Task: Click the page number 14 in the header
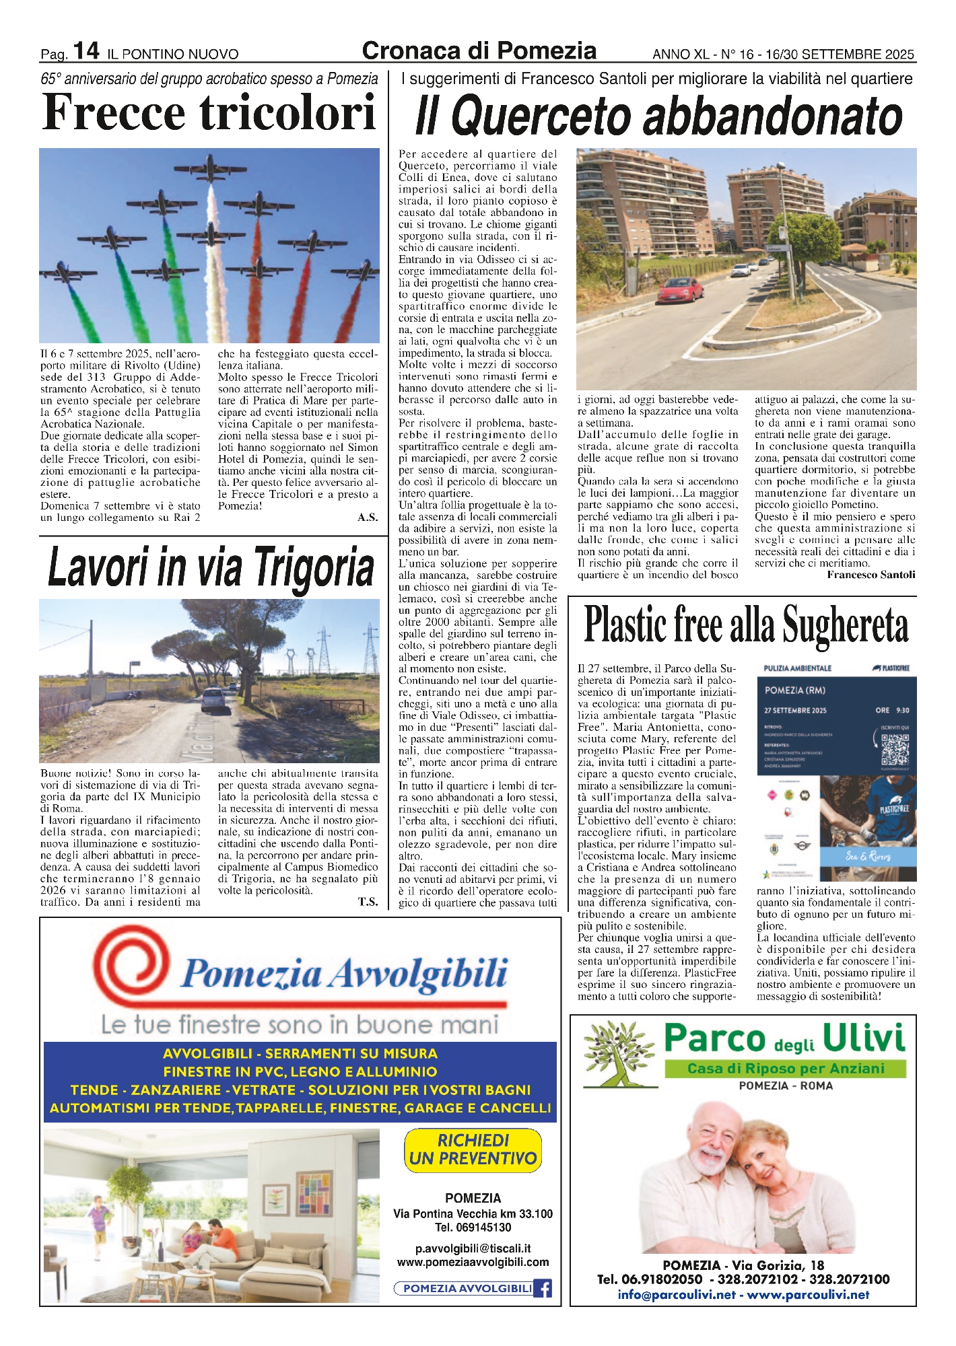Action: tap(86, 51)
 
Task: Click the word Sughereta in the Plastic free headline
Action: tap(846, 625)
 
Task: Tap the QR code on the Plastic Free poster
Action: tap(895, 748)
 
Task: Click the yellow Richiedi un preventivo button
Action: tap(473, 1150)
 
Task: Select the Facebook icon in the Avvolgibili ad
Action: tap(543, 1288)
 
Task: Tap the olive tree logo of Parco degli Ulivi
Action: tap(618, 1055)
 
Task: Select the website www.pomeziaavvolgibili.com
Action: tap(473, 1263)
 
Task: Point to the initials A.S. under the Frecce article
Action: tap(368, 518)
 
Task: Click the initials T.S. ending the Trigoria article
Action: tap(368, 902)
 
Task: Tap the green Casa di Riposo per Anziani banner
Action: tap(785, 1069)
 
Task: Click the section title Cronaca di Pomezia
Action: tap(479, 51)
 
